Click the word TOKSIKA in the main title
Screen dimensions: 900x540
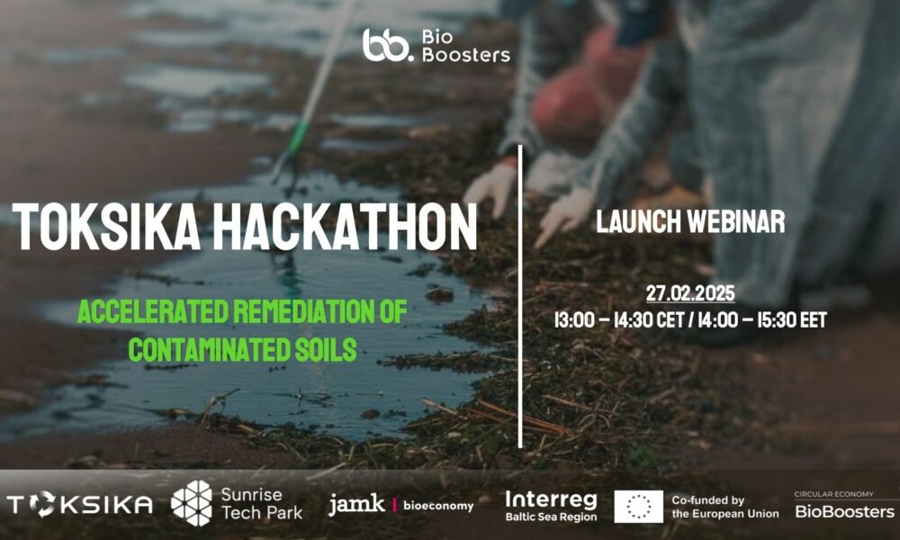click(x=106, y=227)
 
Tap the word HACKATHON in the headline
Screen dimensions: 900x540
click(x=346, y=227)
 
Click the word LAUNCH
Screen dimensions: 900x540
click(x=638, y=221)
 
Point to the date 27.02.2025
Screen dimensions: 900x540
click(x=690, y=293)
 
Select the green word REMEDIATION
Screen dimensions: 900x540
click(x=302, y=311)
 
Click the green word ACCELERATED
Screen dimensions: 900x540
click(x=153, y=311)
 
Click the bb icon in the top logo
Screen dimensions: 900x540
click(x=387, y=45)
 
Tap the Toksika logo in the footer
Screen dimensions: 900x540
click(x=80, y=505)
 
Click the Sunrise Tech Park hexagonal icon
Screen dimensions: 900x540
click(x=192, y=503)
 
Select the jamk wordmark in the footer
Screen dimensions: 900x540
click(x=356, y=504)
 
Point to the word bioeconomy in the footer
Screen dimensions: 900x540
click(x=438, y=506)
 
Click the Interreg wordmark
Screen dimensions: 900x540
click(x=551, y=499)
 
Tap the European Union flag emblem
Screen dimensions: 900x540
click(x=638, y=506)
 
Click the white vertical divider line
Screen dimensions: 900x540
click(x=520, y=296)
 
